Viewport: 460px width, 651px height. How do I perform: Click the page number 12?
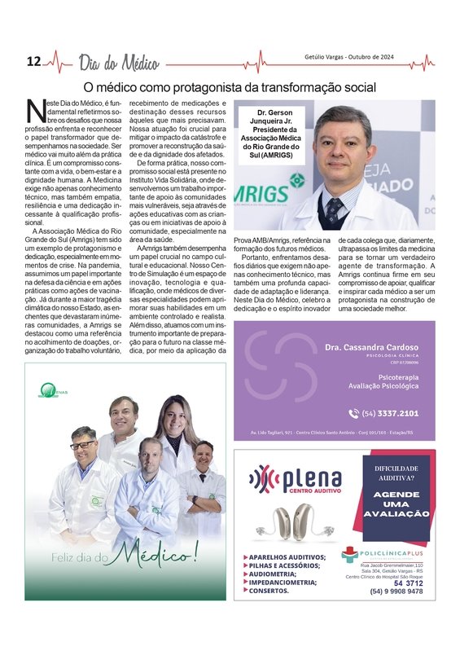coord(33,62)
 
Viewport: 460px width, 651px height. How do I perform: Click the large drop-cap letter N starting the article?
coord(34,110)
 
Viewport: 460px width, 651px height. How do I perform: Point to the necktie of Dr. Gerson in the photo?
coord(334,210)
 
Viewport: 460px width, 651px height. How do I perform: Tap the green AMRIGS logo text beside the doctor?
coord(261,194)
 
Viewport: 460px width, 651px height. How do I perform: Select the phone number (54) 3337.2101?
coord(389,413)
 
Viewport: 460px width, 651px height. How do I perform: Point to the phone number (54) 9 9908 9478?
coord(396,592)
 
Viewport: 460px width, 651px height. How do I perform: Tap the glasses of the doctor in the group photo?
coord(82,445)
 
